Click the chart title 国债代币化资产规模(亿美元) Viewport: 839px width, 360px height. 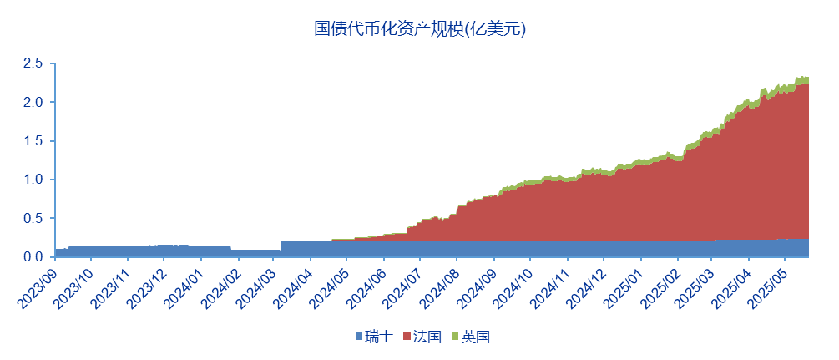point(419,28)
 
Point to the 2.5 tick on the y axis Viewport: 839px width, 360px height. point(33,63)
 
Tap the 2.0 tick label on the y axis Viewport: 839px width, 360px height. point(33,102)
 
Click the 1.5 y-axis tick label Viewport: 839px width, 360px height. point(33,140)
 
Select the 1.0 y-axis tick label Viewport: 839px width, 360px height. point(33,180)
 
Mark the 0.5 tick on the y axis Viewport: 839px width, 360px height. point(33,218)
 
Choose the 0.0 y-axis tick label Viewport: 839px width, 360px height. point(33,257)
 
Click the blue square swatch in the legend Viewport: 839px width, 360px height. point(359,337)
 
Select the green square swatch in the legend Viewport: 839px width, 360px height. point(456,337)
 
